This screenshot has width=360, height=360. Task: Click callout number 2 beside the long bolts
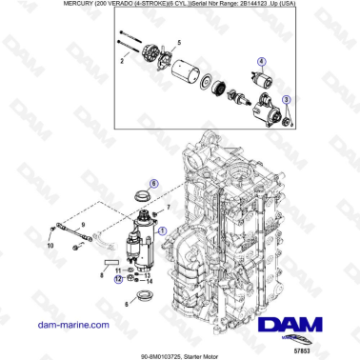pyautogui.click(x=121, y=60)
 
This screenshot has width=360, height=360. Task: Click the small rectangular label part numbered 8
pyautogui.click(x=111, y=259)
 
